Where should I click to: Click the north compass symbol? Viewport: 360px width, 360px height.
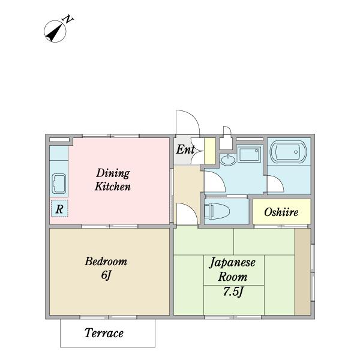(55, 31)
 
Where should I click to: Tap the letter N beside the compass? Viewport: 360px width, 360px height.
(68, 19)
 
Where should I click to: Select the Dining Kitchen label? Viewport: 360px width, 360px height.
(113, 179)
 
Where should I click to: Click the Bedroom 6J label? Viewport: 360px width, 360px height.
(106, 268)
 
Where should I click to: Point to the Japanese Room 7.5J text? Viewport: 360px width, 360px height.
(232, 277)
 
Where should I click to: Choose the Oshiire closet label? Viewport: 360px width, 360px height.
(281, 212)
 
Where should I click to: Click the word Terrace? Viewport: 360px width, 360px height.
(104, 333)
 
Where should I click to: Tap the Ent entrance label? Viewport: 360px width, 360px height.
(185, 149)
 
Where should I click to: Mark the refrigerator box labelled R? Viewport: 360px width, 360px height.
(59, 208)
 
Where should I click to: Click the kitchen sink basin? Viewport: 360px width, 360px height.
(59, 184)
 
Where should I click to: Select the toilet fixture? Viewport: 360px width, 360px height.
(217, 211)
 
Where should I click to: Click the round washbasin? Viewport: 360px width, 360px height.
(227, 159)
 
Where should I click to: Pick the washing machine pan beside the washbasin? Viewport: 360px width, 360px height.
(250, 154)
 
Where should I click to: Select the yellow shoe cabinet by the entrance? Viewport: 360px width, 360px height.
(210, 151)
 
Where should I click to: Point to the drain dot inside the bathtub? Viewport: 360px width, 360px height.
(296, 152)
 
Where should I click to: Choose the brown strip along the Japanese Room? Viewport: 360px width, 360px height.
(302, 272)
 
